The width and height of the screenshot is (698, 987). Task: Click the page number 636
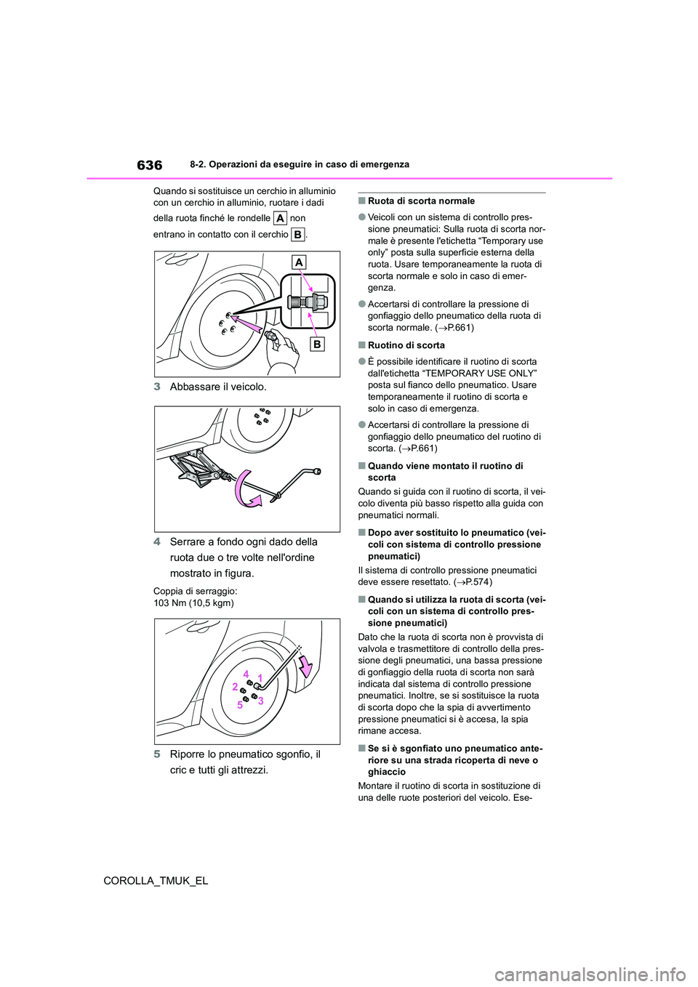pyautogui.click(x=149, y=165)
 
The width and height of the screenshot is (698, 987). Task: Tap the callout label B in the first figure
pyautogui.click(x=317, y=344)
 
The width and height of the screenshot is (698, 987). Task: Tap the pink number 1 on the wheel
pyautogui.click(x=260, y=677)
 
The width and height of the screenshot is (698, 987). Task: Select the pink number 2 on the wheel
pyautogui.click(x=235, y=687)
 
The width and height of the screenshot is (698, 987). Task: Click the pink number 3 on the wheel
pyautogui.click(x=260, y=700)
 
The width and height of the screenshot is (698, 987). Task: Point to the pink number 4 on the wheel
pyautogui.click(x=246, y=672)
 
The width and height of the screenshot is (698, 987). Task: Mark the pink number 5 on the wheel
pyautogui.click(x=238, y=704)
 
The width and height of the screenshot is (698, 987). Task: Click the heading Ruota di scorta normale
pyautogui.click(x=421, y=201)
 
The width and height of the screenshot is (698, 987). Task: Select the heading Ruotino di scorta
pyautogui.click(x=406, y=345)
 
